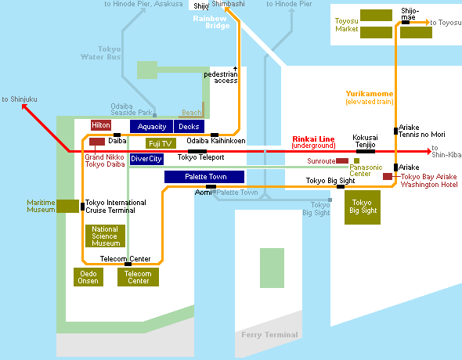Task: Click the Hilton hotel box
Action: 101,125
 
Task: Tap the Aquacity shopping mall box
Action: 151,127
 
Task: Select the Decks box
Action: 189,127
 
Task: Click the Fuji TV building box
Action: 161,143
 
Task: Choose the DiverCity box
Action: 146,159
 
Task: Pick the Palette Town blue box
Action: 204,177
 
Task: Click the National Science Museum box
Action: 105,236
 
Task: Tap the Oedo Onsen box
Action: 88,277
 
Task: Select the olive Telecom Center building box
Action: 138,277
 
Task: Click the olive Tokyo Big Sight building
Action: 363,207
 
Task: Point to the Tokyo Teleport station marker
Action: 197,151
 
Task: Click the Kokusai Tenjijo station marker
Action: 366,151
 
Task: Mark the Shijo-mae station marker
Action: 406,23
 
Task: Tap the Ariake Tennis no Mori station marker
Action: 395,131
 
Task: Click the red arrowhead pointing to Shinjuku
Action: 25,107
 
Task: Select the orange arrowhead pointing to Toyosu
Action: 427,23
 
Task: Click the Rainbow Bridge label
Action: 211,22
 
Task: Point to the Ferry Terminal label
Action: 269,335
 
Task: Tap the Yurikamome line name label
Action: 370,94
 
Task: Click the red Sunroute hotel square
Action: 342,160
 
